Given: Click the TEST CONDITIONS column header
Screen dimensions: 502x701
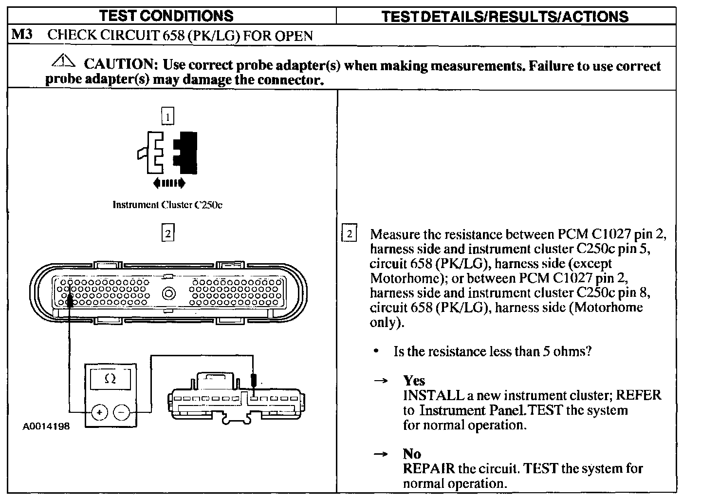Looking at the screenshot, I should pyautogui.click(x=166, y=16).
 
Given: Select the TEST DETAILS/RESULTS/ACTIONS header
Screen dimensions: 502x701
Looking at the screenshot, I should pyautogui.click(x=505, y=17).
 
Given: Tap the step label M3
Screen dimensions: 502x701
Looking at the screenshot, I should pyautogui.click(x=22, y=35).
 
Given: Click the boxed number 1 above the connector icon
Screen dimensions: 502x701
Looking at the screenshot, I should pyautogui.click(x=167, y=117).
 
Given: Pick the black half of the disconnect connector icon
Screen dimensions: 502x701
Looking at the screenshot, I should pyautogui.click(x=188, y=152).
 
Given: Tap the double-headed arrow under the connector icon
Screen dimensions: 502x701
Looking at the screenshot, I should pyautogui.click(x=168, y=183).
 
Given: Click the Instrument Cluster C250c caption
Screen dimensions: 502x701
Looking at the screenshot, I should pyautogui.click(x=167, y=205).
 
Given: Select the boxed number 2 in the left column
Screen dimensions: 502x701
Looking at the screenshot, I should pyautogui.click(x=167, y=233).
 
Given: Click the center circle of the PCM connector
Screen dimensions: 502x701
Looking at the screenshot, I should pyautogui.click(x=168, y=294).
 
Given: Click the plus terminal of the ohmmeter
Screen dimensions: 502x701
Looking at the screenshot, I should pyautogui.click(x=99, y=412).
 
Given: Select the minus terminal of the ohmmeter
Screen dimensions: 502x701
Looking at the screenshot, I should pyautogui.click(x=121, y=412).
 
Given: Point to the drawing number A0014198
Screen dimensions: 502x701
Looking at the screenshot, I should pyautogui.click(x=46, y=426).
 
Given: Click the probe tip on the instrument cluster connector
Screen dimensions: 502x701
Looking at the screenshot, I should pyautogui.click(x=253, y=380).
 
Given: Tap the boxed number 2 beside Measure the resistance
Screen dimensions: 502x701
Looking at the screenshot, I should pyautogui.click(x=350, y=233).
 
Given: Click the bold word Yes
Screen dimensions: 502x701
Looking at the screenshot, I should pyautogui.click(x=414, y=381).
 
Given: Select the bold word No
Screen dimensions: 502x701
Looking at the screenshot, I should pyautogui.click(x=412, y=454).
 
